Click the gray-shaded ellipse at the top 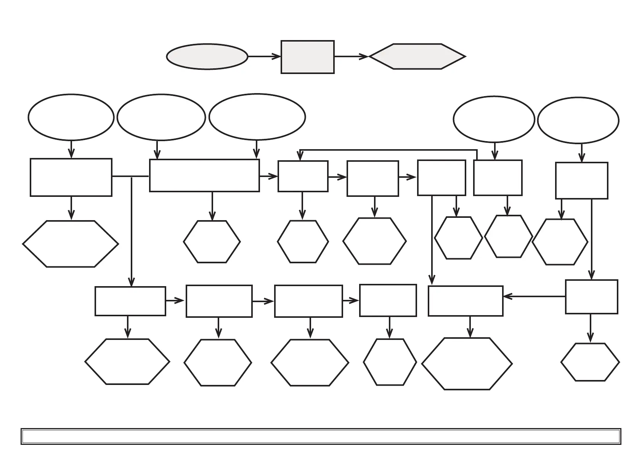click(x=207, y=56)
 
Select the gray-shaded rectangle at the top click(x=308, y=57)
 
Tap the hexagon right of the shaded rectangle click(x=417, y=56)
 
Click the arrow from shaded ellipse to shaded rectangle click(x=264, y=56)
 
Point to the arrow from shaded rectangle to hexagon click(x=351, y=56)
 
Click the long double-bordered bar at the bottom click(x=321, y=436)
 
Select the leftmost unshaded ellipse click(x=71, y=117)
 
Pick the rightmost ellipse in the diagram click(x=578, y=120)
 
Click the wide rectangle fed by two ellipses click(x=204, y=175)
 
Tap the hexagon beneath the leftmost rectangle click(x=71, y=244)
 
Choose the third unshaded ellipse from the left click(x=257, y=117)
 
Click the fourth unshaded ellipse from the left click(x=494, y=119)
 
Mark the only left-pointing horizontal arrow click(x=534, y=296)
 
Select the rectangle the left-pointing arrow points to click(x=465, y=301)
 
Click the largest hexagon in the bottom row click(x=467, y=364)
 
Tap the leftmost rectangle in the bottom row click(x=130, y=301)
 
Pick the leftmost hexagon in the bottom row click(x=127, y=362)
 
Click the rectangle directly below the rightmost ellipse click(x=581, y=180)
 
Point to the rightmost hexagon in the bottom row click(x=590, y=362)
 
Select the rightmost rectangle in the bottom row click(x=591, y=297)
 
